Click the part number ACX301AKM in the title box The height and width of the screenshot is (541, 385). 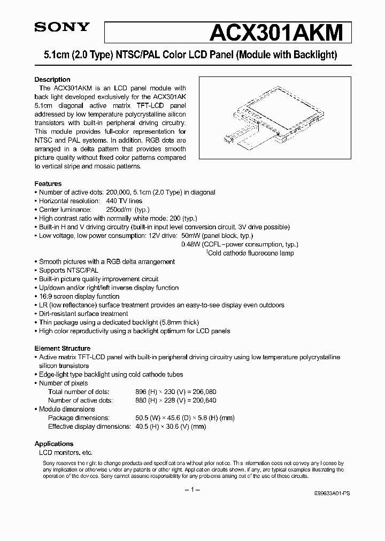(x=275, y=33)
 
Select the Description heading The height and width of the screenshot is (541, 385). (x=52, y=80)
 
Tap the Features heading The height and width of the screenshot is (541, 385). (x=48, y=183)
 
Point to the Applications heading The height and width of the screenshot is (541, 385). (x=54, y=444)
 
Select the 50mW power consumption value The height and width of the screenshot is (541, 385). (x=191, y=236)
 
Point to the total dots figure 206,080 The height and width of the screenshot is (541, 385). (x=203, y=392)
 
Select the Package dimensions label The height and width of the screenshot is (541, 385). (x=79, y=418)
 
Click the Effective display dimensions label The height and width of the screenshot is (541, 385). (x=89, y=427)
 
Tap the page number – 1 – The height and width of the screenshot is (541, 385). (x=192, y=490)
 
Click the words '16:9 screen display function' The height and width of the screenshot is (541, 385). (x=79, y=296)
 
